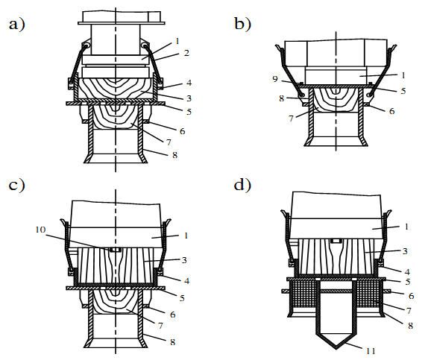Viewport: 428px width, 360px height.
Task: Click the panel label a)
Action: (x=17, y=24)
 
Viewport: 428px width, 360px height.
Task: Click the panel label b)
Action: (x=242, y=23)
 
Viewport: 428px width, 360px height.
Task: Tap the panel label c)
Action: (x=17, y=185)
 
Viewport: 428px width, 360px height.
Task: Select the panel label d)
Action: (x=242, y=185)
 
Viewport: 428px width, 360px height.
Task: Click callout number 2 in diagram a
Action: (x=186, y=53)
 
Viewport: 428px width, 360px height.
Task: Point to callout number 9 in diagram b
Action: (x=275, y=79)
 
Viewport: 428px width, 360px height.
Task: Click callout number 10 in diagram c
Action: (x=40, y=230)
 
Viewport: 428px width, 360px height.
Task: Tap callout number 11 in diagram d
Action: (x=371, y=351)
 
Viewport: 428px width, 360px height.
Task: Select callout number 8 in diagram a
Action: (x=175, y=155)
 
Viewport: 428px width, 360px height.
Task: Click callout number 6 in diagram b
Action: (x=391, y=111)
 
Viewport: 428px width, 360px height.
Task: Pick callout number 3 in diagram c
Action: (x=184, y=260)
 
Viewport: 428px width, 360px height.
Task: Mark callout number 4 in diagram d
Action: (x=407, y=272)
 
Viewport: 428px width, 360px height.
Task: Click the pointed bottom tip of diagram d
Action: (x=336, y=349)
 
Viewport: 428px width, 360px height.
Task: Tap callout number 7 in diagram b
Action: (x=291, y=119)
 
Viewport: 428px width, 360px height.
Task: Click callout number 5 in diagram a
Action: (x=189, y=112)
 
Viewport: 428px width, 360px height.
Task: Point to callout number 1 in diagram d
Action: (x=406, y=227)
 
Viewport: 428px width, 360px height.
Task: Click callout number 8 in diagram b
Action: (x=282, y=98)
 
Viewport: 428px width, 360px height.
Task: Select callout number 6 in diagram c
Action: (x=172, y=315)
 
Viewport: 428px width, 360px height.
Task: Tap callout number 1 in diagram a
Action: (x=177, y=41)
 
